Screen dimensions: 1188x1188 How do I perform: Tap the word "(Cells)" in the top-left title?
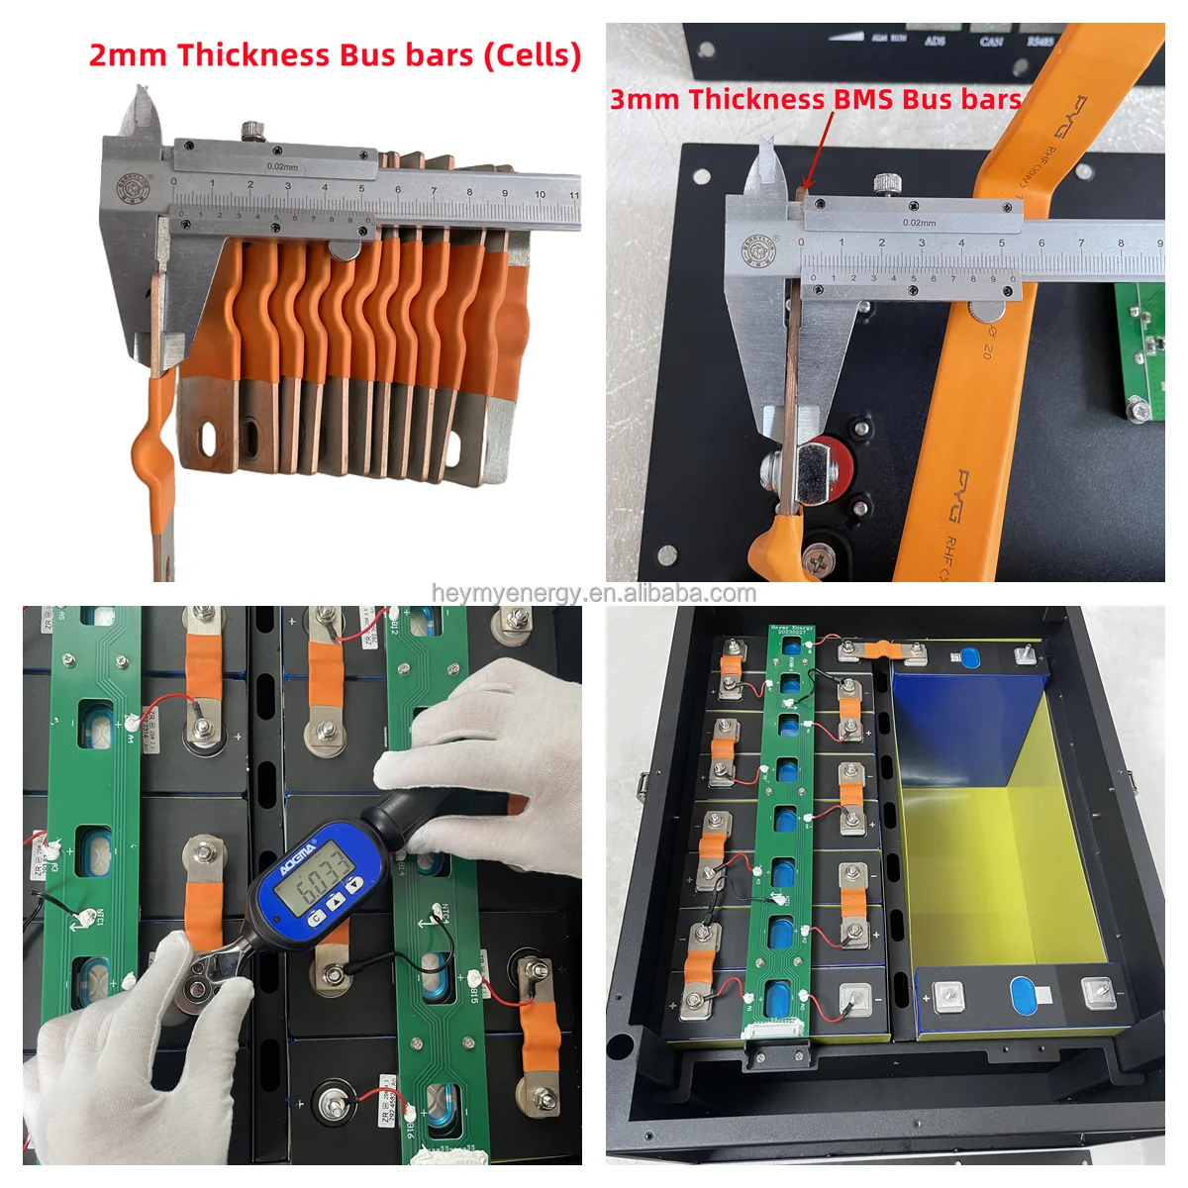click(x=532, y=55)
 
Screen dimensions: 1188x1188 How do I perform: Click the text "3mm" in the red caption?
click(x=644, y=99)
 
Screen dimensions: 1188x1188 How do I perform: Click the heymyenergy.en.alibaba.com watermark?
click(x=594, y=593)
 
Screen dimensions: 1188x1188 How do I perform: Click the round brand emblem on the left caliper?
click(x=133, y=190)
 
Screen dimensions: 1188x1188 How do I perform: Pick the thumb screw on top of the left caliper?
click(x=254, y=129)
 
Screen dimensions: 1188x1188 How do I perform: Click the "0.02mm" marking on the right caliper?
click(x=919, y=223)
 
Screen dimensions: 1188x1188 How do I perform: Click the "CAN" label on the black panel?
click(x=991, y=42)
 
